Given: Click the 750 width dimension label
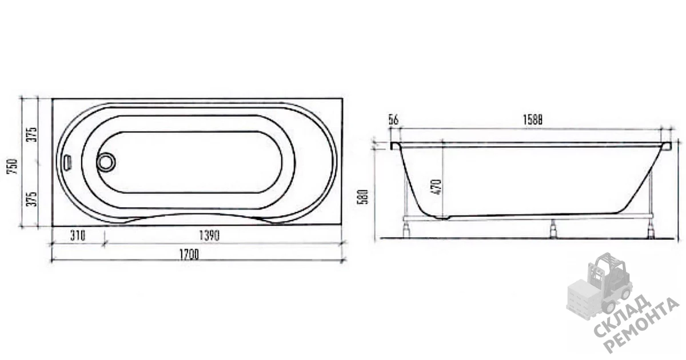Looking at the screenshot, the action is coord(13,166).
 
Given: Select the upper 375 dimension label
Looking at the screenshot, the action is coord(31,134).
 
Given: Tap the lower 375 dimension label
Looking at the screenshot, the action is coord(31,199).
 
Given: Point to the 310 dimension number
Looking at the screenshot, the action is coord(78,235).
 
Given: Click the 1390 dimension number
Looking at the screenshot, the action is coord(209,235).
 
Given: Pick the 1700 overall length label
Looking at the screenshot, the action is coord(189,255).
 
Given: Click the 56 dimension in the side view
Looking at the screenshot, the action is coord(393,119).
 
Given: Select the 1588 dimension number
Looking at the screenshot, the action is coord(532,119).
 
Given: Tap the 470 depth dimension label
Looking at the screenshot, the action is coord(437,187).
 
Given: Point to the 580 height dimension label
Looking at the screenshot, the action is coord(363,197).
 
